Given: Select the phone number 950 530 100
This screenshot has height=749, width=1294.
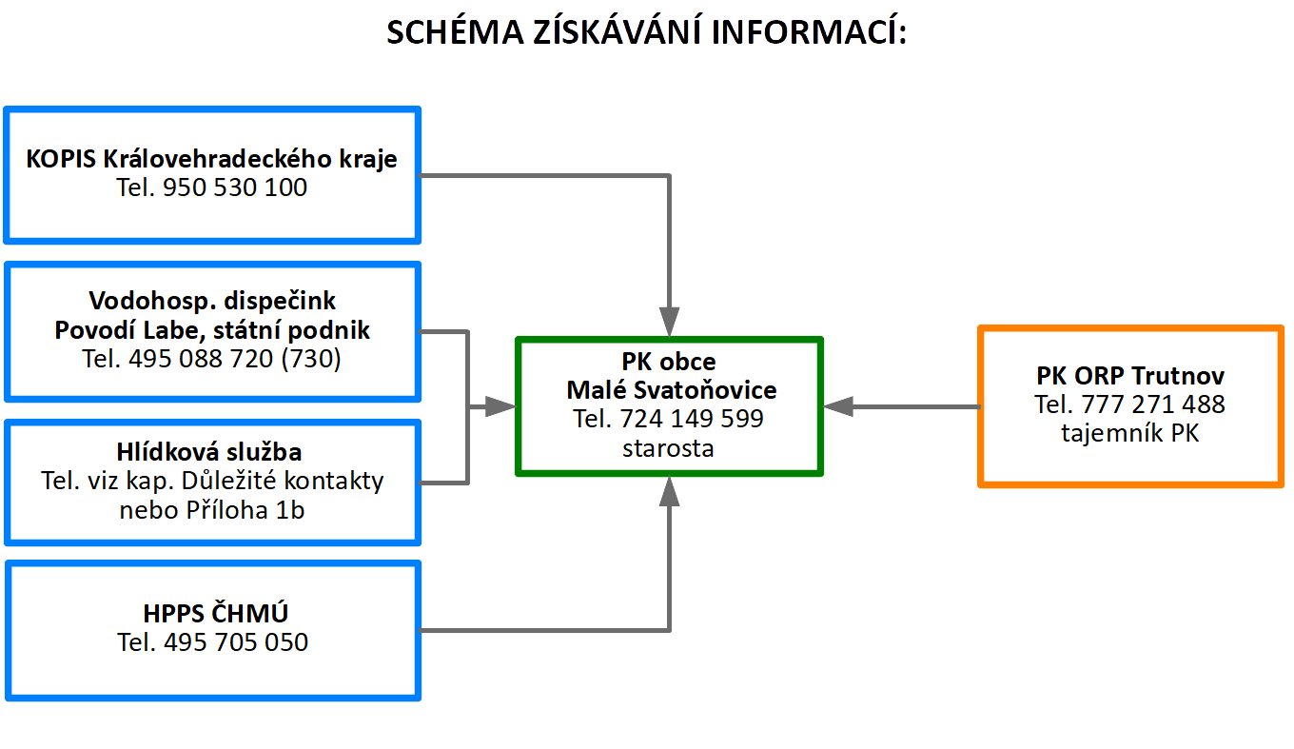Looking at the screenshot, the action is pyautogui.click(x=235, y=187).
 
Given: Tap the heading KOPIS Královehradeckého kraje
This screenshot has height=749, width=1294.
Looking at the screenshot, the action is pyautogui.click(x=211, y=159).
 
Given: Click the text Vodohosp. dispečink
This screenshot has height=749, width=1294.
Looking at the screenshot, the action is pyautogui.click(x=212, y=301).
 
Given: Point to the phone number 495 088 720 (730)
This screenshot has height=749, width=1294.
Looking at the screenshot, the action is pyautogui.click(x=235, y=359).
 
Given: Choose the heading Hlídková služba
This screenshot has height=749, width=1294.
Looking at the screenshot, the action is pyautogui.click(x=209, y=452).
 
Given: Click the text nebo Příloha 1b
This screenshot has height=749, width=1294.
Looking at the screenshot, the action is pyautogui.click(x=212, y=510).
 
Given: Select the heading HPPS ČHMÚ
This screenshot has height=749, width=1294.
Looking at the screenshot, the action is pyautogui.click(x=215, y=613).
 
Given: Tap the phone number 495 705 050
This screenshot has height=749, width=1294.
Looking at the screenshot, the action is pyautogui.click(x=236, y=642).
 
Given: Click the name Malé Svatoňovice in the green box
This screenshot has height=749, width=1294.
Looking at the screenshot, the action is pyautogui.click(x=672, y=390).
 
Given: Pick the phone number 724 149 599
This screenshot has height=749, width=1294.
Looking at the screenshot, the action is pyautogui.click(x=692, y=419).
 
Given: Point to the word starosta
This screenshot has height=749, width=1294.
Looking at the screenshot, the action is pyautogui.click(x=668, y=448).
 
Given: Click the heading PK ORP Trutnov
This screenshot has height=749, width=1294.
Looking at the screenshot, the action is pyautogui.click(x=1130, y=376).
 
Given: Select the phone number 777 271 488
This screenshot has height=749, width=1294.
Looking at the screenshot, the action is pyautogui.click(x=1153, y=404).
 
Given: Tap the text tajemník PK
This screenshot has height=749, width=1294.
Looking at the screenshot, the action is pyautogui.click(x=1130, y=433).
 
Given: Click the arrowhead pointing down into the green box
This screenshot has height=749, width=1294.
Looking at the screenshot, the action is pyautogui.click(x=669, y=322).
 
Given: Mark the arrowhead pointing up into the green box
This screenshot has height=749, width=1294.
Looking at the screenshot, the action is pyautogui.click(x=669, y=491).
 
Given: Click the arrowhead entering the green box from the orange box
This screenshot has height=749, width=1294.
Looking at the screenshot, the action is pyautogui.click(x=838, y=406).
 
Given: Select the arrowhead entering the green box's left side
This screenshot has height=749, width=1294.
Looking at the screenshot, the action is pyautogui.click(x=500, y=406).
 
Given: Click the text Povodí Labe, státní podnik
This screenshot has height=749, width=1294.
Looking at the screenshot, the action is pyautogui.click(x=212, y=330).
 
